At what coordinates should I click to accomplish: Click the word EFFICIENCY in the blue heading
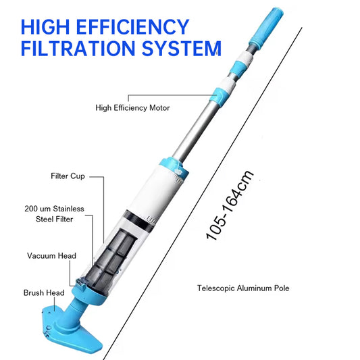coord(132,27)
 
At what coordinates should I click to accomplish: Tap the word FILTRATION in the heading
coord(78,48)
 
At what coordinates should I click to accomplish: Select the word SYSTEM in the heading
coord(182,48)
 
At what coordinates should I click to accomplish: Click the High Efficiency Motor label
coord(132,108)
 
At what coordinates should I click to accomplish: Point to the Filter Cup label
coord(68,176)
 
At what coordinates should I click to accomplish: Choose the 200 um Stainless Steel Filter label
coord(55,214)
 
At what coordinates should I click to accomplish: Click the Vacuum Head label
coord(51,256)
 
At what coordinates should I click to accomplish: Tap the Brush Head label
coord(44,292)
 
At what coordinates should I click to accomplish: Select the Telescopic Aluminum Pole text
coord(243,288)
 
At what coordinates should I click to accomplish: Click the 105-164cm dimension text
coord(230,205)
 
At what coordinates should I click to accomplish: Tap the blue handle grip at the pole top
coord(267,28)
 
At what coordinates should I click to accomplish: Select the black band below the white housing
coord(138,220)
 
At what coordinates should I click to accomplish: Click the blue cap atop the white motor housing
coord(174,167)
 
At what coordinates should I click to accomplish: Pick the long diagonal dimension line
coord(203,194)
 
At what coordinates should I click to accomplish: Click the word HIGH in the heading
coord(45,27)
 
